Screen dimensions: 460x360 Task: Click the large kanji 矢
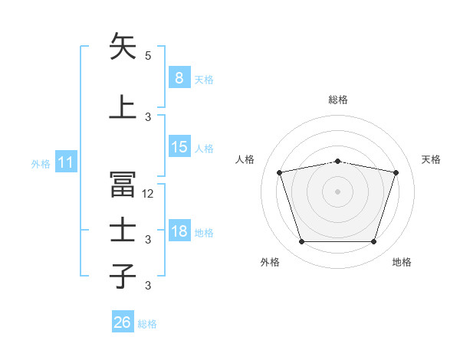(x=123, y=46)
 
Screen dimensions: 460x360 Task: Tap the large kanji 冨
(x=123, y=184)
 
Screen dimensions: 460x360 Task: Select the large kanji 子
(x=123, y=276)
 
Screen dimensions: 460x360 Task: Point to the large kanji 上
(x=123, y=106)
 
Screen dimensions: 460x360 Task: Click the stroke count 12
(x=147, y=194)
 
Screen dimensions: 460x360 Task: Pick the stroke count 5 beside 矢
(x=148, y=56)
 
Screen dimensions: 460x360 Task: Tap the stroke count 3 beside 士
(x=148, y=240)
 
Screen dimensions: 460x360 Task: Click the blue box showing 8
(x=179, y=77)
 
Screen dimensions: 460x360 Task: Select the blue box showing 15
(x=179, y=146)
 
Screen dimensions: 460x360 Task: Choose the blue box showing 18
(x=179, y=230)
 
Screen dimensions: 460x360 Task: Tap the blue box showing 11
(x=66, y=162)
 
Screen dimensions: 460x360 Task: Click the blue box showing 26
(x=123, y=321)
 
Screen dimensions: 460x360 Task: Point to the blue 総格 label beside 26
(x=147, y=324)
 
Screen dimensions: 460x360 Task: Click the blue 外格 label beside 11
(x=41, y=164)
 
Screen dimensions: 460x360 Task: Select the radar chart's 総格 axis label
(x=338, y=100)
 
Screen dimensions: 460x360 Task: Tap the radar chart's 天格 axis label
(x=431, y=159)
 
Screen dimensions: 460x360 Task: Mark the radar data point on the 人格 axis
(x=280, y=172)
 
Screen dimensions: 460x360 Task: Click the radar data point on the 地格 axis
(x=374, y=242)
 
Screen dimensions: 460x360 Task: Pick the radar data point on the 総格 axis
(x=338, y=162)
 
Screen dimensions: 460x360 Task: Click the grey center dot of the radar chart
(x=337, y=191)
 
